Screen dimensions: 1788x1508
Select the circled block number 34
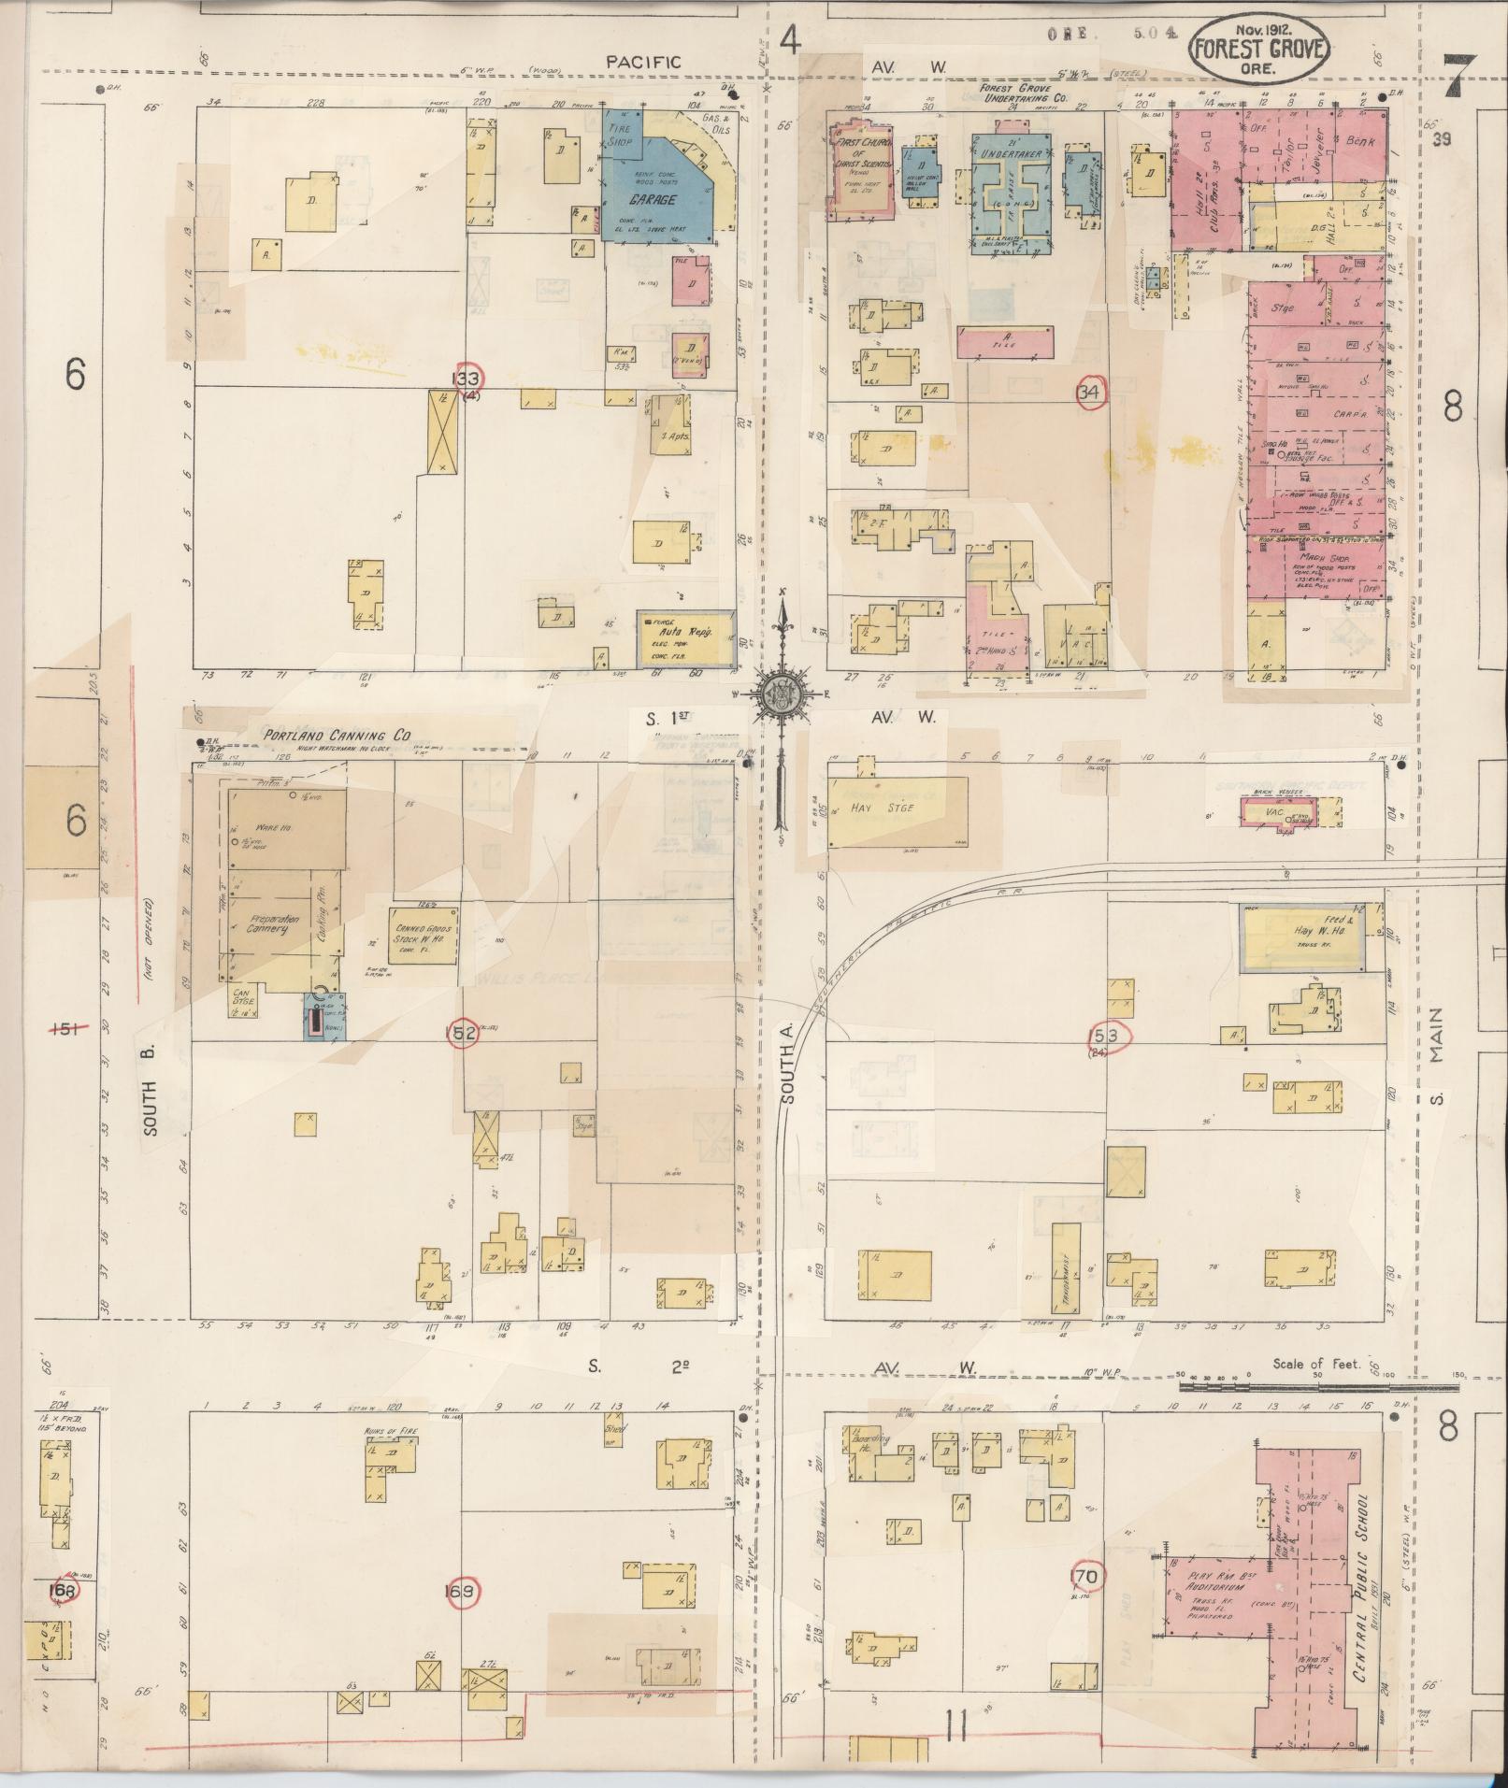coord(1089,393)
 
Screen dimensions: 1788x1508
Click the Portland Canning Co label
coord(337,736)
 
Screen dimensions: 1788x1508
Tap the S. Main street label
coord(1436,1056)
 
